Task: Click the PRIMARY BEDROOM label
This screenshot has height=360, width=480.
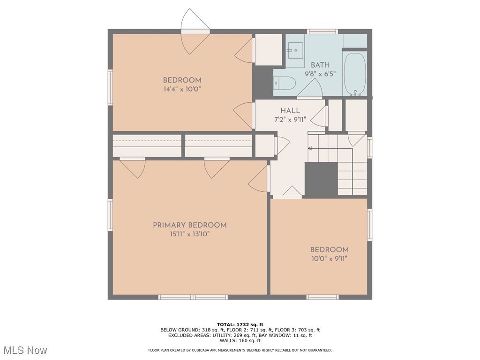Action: (190, 225)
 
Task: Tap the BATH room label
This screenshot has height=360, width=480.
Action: (320, 65)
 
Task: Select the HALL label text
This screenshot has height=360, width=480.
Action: (290, 111)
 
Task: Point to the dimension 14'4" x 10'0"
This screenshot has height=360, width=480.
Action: (182, 90)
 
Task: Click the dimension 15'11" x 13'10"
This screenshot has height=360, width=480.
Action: (190, 234)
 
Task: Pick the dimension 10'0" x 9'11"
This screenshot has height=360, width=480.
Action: (330, 259)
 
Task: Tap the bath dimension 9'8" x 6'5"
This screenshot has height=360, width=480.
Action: (320, 74)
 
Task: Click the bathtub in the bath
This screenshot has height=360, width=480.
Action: (355, 74)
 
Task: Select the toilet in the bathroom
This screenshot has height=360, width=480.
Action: (285, 83)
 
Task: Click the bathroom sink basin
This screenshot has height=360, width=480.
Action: (295, 50)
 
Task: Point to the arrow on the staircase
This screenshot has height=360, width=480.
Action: (330, 149)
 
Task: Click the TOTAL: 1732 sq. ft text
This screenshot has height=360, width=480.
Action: (240, 324)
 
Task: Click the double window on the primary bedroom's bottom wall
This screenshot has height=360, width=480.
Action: (193, 297)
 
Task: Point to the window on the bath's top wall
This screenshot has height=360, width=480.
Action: (322, 31)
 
